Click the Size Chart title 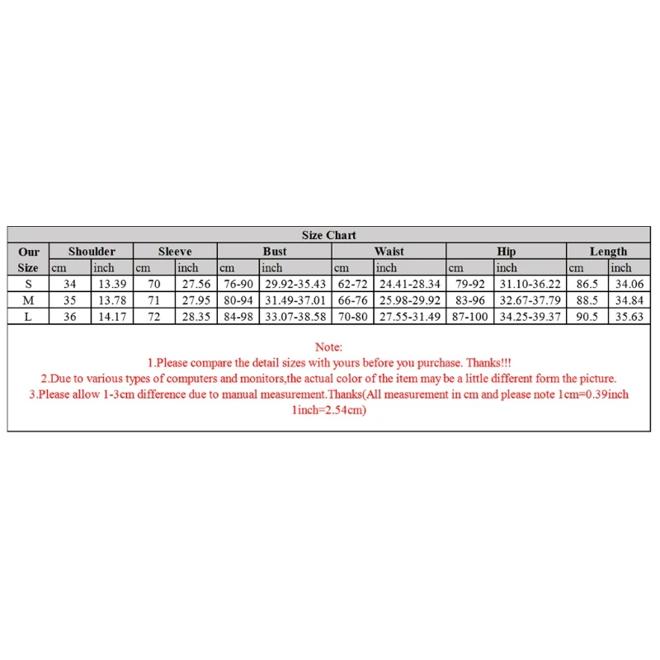click(329, 235)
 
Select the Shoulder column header click(92, 252)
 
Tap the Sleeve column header click(175, 252)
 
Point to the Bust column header click(275, 252)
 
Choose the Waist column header click(389, 252)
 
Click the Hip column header click(507, 252)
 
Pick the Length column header click(608, 252)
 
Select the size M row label click(28, 300)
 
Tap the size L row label click(28, 317)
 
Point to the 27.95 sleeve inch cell click(196, 300)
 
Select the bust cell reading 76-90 click(238, 284)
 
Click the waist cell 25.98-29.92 click(409, 300)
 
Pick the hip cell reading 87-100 click(470, 317)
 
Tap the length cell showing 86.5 click(587, 284)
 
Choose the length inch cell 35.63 click(629, 317)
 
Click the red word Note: click(329, 347)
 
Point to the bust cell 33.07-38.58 click(295, 317)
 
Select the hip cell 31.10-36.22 click(530, 284)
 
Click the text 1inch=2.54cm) click(329, 410)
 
